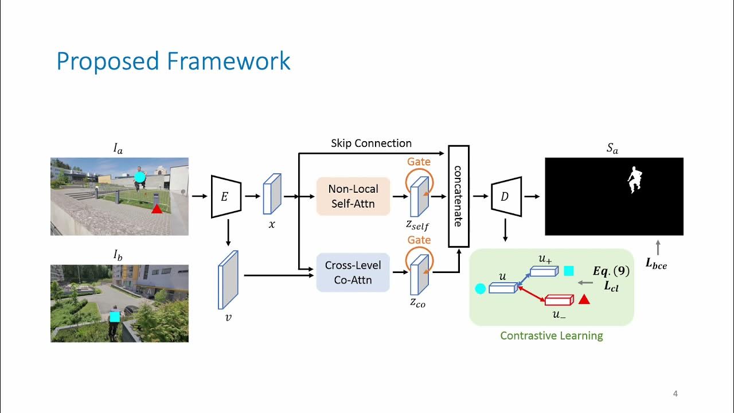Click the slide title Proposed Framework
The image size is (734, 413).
click(173, 61)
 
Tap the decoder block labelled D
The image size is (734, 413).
click(506, 197)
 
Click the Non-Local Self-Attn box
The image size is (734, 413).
click(353, 196)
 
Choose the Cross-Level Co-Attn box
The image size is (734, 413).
click(353, 273)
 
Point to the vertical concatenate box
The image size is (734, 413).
click(458, 196)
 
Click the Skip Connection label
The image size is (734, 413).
click(371, 143)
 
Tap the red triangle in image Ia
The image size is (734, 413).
click(157, 209)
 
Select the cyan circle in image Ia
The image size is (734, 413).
click(140, 177)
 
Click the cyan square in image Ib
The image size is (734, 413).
click(115, 317)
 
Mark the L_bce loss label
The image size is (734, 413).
click(657, 264)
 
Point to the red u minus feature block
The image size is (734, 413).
click(559, 299)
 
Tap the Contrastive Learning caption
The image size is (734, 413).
click(551, 336)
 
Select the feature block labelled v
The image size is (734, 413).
click(228, 279)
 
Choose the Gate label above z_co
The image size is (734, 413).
click(419, 240)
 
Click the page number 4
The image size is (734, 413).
click(675, 394)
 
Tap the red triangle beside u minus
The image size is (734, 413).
click(584, 299)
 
